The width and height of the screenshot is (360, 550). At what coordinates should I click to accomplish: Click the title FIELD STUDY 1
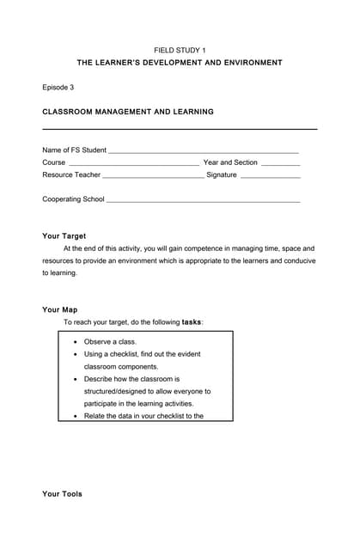tap(180, 51)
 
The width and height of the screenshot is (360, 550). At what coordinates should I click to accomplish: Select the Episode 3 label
tap(58, 87)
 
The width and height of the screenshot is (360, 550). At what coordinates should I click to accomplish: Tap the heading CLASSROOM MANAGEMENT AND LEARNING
tap(128, 112)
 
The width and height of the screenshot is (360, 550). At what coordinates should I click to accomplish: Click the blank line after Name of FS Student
tap(204, 151)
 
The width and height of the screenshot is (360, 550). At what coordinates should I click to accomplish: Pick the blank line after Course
tap(133, 163)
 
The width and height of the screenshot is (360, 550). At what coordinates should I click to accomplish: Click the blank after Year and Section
tap(280, 163)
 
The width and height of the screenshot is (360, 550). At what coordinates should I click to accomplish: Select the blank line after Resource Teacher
tap(153, 175)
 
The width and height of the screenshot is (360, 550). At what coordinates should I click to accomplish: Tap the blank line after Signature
tap(270, 175)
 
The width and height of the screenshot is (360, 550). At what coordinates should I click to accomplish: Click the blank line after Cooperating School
tap(203, 200)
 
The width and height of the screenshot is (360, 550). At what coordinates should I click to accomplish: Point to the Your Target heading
tap(64, 235)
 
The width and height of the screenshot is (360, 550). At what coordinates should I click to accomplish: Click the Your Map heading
tap(60, 309)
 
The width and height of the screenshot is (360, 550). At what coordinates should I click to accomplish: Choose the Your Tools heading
tap(63, 494)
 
